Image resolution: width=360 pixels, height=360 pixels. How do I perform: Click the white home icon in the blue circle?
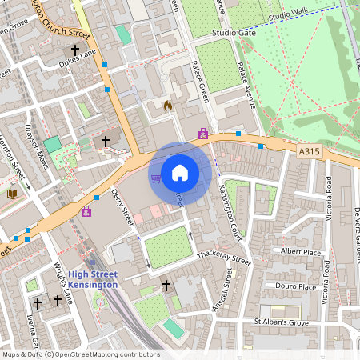pyautogui.click(x=180, y=172)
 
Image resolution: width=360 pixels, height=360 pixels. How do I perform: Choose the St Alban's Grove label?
pyautogui.click(x=281, y=322)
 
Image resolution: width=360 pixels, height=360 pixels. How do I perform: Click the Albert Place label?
pyautogui.click(x=300, y=250)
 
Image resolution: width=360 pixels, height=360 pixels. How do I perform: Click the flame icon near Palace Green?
pyautogui.click(x=167, y=105)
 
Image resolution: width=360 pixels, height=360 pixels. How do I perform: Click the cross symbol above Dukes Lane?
pyautogui.click(x=75, y=48)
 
